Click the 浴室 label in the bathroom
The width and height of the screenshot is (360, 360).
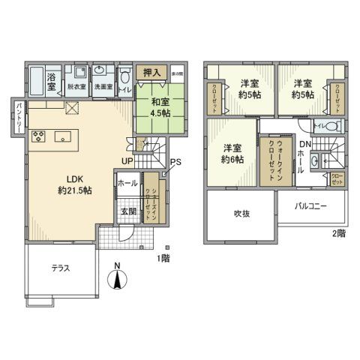52,82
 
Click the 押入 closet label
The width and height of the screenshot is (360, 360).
152,73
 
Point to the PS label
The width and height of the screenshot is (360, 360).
175,161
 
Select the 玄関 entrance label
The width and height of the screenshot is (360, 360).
128,212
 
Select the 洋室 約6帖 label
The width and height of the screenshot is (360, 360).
232,153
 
